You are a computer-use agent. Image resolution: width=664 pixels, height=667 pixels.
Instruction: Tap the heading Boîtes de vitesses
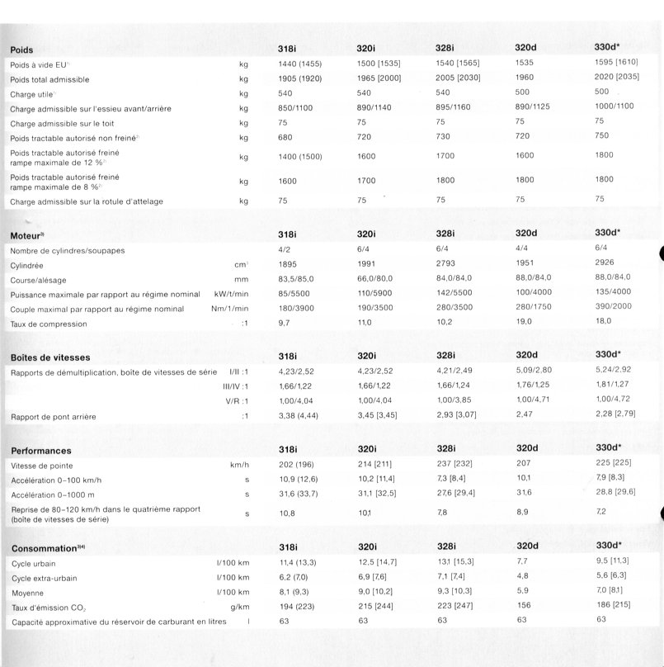pos(50,357)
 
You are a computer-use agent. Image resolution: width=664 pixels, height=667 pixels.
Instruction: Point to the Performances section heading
pos(41,450)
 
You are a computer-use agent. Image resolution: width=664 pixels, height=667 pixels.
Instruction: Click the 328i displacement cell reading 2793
pos(445,265)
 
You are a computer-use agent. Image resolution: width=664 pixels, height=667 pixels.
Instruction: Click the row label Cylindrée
pos(28,266)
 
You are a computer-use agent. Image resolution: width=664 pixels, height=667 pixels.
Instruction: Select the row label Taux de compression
pos(49,324)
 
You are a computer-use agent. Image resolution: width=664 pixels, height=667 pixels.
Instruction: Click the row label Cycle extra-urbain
pos(45,577)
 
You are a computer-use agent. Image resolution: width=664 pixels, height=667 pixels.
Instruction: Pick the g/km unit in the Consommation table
pos(240,605)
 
